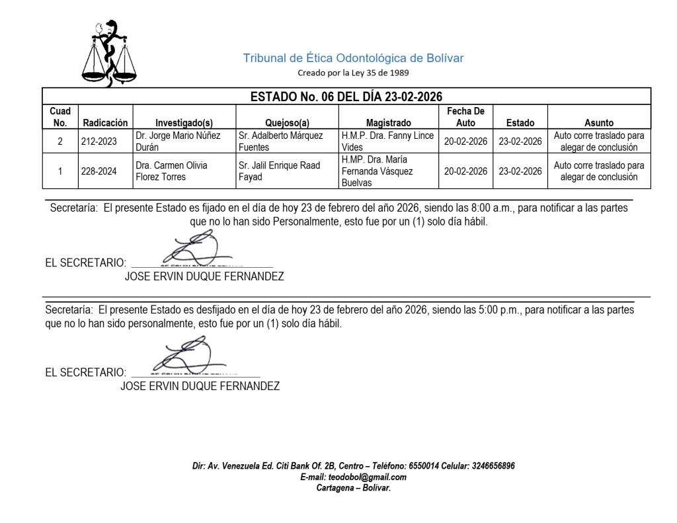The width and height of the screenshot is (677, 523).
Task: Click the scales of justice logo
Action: (109, 54)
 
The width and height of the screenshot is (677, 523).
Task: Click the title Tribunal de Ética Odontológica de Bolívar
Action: (353, 58)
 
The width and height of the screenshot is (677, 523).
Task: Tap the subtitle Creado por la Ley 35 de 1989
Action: (353, 73)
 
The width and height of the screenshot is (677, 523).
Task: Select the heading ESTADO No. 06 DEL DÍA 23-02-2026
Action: (346, 97)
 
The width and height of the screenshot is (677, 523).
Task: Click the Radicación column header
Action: (105, 122)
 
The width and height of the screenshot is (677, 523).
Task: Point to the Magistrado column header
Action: (388, 122)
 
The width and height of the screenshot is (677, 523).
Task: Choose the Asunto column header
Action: (599, 122)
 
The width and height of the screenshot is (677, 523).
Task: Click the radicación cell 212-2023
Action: (98, 141)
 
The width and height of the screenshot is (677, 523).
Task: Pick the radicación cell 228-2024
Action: (98, 171)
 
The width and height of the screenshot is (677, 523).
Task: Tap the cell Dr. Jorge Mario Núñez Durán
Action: (178, 141)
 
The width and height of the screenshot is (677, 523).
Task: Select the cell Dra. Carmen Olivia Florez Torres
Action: (171, 171)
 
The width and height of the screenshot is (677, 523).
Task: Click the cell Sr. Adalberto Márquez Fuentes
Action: (280, 141)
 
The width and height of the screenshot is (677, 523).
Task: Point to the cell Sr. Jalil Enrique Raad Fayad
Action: (280, 171)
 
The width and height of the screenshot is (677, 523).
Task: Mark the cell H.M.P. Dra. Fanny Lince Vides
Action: (387, 141)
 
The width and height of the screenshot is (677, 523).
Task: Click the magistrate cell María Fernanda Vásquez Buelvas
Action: (387, 171)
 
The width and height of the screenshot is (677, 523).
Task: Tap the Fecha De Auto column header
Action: (465, 117)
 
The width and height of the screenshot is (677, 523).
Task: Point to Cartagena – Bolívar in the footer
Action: (353, 488)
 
